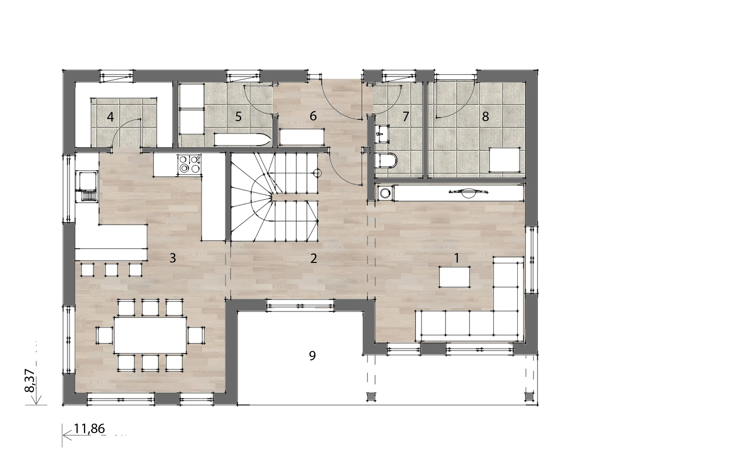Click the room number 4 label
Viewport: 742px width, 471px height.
[110, 117]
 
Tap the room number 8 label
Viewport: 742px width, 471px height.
[485, 117]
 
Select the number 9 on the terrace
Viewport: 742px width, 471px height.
[312, 355]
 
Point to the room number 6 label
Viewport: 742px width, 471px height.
[313, 116]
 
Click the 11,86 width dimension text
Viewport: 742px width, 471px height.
[89, 429]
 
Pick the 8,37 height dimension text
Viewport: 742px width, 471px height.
[30, 380]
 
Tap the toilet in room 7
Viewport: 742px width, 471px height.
[386, 161]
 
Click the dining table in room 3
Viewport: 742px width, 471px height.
[150, 335]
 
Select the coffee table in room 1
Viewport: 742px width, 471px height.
[455, 277]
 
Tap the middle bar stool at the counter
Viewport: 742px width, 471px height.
[111, 270]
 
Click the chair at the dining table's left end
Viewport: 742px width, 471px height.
[105, 335]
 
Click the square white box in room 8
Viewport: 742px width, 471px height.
[505, 160]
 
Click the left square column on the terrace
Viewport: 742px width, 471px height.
[371, 396]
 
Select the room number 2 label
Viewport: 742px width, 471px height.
[314, 259]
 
